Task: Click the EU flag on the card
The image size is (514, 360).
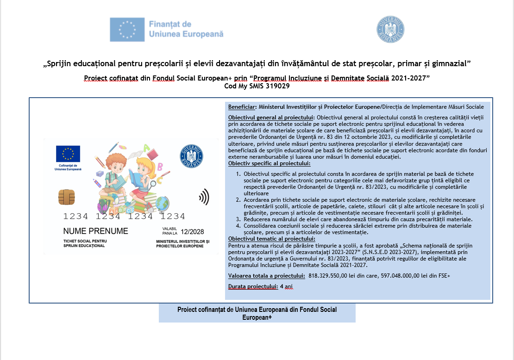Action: tap(68, 154)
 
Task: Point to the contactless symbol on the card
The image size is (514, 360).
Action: tap(204, 198)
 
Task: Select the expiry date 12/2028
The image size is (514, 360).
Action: tap(192, 231)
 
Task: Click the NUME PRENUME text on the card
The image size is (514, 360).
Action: tap(95, 231)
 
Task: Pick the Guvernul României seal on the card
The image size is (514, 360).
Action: tap(191, 156)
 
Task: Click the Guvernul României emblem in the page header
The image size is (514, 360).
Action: tap(390, 30)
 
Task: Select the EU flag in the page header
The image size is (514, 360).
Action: tap(127, 29)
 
